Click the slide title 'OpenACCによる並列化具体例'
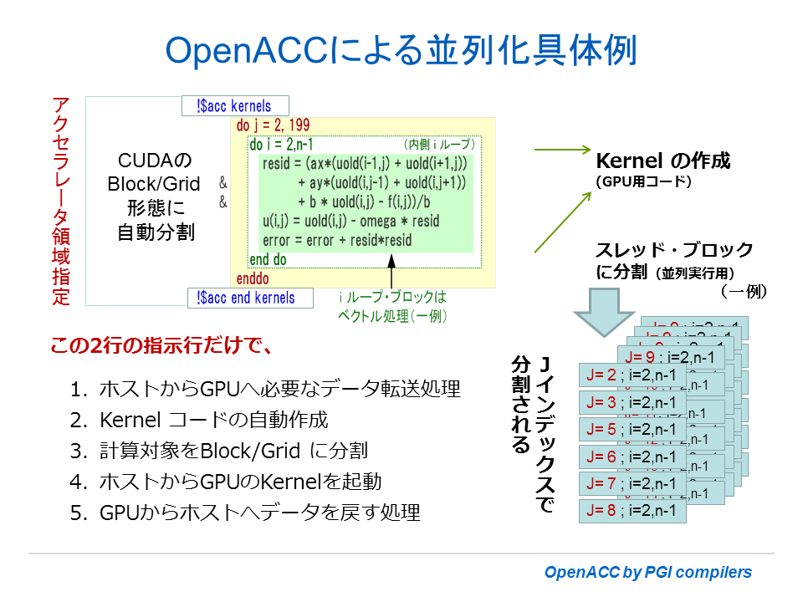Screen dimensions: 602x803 tap(401, 50)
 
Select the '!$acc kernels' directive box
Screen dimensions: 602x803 tap(235, 106)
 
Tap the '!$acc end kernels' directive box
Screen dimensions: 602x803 tap(248, 298)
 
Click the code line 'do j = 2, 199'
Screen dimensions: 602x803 tap(274, 126)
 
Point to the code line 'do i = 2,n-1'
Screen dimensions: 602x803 tap(284, 145)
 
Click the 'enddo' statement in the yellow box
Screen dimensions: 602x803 tap(253, 278)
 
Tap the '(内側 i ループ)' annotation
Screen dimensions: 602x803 tap(438, 145)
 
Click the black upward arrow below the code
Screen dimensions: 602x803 tap(391, 272)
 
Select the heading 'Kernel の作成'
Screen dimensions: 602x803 tap(662, 160)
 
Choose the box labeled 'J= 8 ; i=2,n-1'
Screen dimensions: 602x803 tap(632, 510)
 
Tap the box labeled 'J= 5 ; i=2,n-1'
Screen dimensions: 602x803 tap(632, 430)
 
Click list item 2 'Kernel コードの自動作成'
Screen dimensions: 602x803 tap(213, 420)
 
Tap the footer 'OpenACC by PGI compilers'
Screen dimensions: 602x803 tap(647, 573)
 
